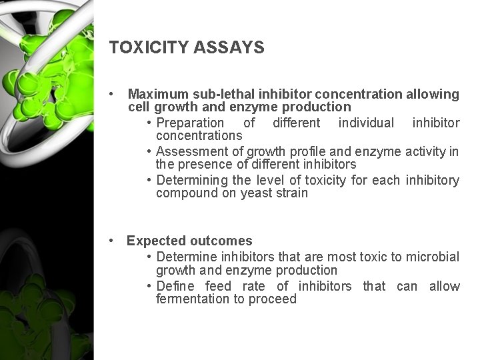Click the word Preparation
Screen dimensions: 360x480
pos(190,123)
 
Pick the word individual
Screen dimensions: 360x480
pos(366,123)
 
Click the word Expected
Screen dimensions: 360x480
pos(154,241)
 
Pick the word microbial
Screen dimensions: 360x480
pos(433,257)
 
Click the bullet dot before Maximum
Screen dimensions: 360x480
pos(117,94)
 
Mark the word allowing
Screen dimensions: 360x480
pos(433,94)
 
